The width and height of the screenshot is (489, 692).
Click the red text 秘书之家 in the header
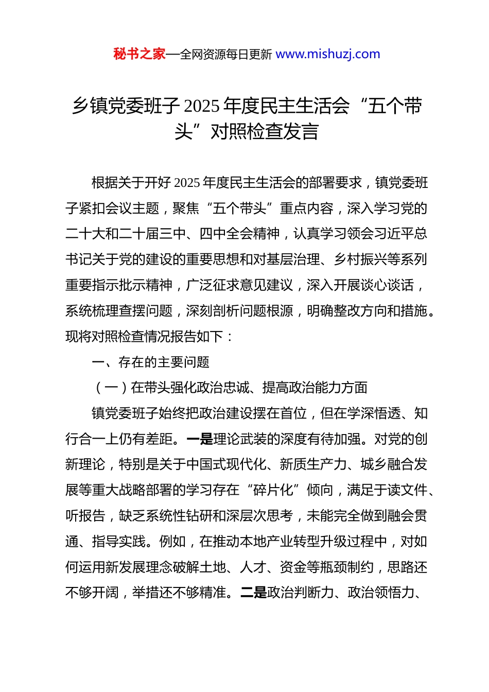coord(139,54)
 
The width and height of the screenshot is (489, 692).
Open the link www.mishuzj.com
coord(328,54)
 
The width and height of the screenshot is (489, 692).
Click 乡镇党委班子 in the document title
coord(126,106)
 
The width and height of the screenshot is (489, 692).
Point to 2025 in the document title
coord(202,106)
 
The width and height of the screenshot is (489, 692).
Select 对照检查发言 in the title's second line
coord(265,132)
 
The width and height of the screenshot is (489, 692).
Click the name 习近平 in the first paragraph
coord(394,234)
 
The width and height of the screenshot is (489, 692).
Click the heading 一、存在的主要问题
coord(150,362)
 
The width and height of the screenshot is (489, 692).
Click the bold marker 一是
coord(199,439)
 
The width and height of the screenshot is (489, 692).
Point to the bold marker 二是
coord(253,593)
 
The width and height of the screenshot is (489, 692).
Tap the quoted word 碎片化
coord(273,490)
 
